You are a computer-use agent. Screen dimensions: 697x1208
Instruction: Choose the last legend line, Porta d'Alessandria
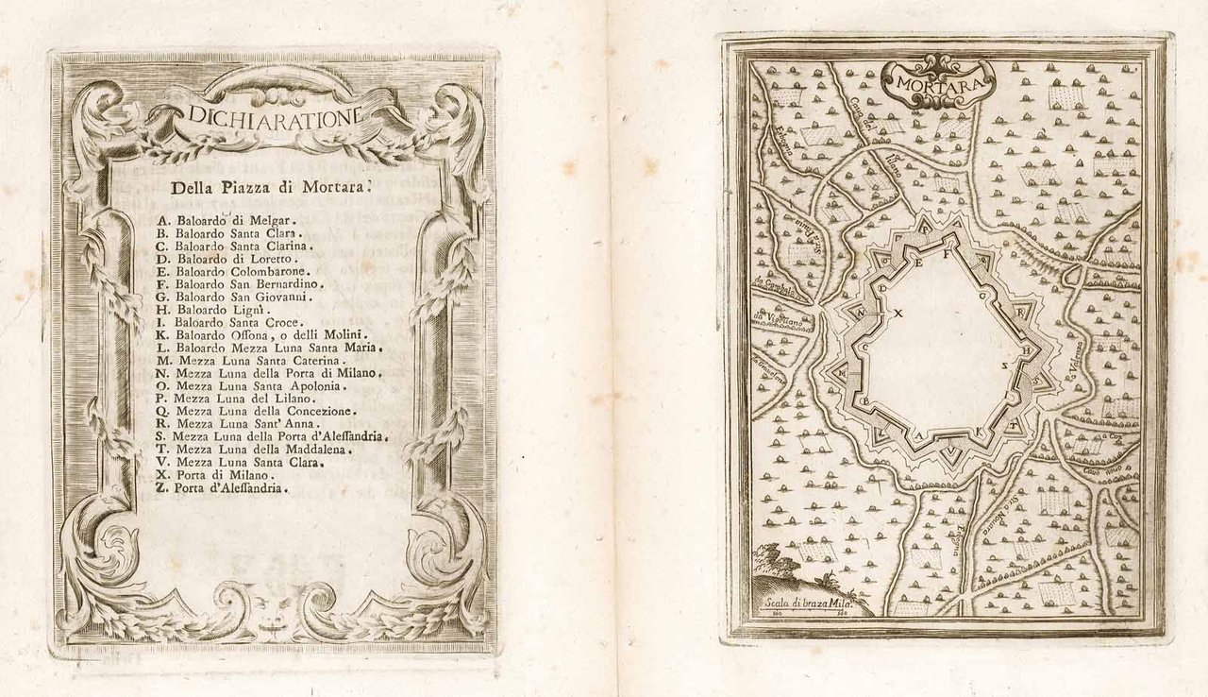223,488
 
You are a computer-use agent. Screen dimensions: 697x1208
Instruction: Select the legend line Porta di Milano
210,475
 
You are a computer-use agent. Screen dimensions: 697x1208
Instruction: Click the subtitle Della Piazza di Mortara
271,187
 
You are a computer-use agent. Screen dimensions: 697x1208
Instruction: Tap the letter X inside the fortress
898,313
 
